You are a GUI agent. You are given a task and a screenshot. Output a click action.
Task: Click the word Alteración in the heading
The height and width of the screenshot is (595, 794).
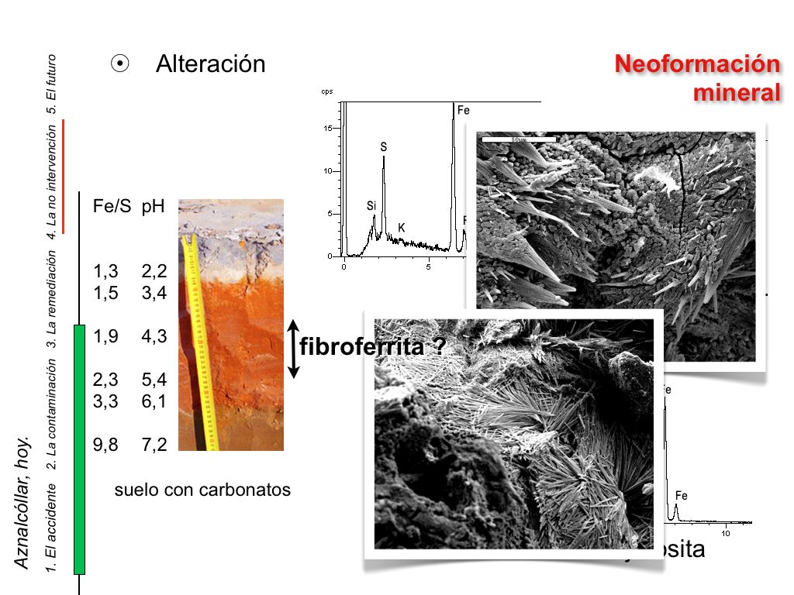point(210,64)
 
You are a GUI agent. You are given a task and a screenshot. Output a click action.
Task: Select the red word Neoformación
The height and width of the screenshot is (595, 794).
point(697,64)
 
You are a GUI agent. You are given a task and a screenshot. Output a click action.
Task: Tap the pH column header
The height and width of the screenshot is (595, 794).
point(154,208)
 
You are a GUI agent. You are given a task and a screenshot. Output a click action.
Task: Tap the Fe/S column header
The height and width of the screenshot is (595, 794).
point(112,208)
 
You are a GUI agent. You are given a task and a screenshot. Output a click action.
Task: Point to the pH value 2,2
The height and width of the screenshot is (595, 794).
point(154,272)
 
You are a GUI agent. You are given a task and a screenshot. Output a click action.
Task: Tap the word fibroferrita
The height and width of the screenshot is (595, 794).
point(361,346)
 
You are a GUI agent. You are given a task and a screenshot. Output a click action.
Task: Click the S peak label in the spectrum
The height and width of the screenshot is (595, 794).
point(383,146)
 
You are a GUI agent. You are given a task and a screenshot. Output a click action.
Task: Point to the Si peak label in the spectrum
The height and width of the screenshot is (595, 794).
point(371,206)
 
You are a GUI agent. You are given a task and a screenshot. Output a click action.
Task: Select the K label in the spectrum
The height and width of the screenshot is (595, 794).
point(402,228)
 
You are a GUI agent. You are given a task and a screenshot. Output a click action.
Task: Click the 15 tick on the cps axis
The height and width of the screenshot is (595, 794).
point(328,129)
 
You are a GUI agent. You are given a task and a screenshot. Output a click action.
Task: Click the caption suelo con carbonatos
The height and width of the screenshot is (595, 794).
point(202,490)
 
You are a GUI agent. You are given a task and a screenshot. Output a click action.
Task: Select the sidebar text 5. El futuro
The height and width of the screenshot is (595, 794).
point(52,84)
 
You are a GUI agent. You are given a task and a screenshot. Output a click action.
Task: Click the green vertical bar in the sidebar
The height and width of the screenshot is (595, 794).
point(79,449)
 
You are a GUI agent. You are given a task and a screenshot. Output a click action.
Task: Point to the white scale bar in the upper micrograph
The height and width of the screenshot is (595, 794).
point(519,139)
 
